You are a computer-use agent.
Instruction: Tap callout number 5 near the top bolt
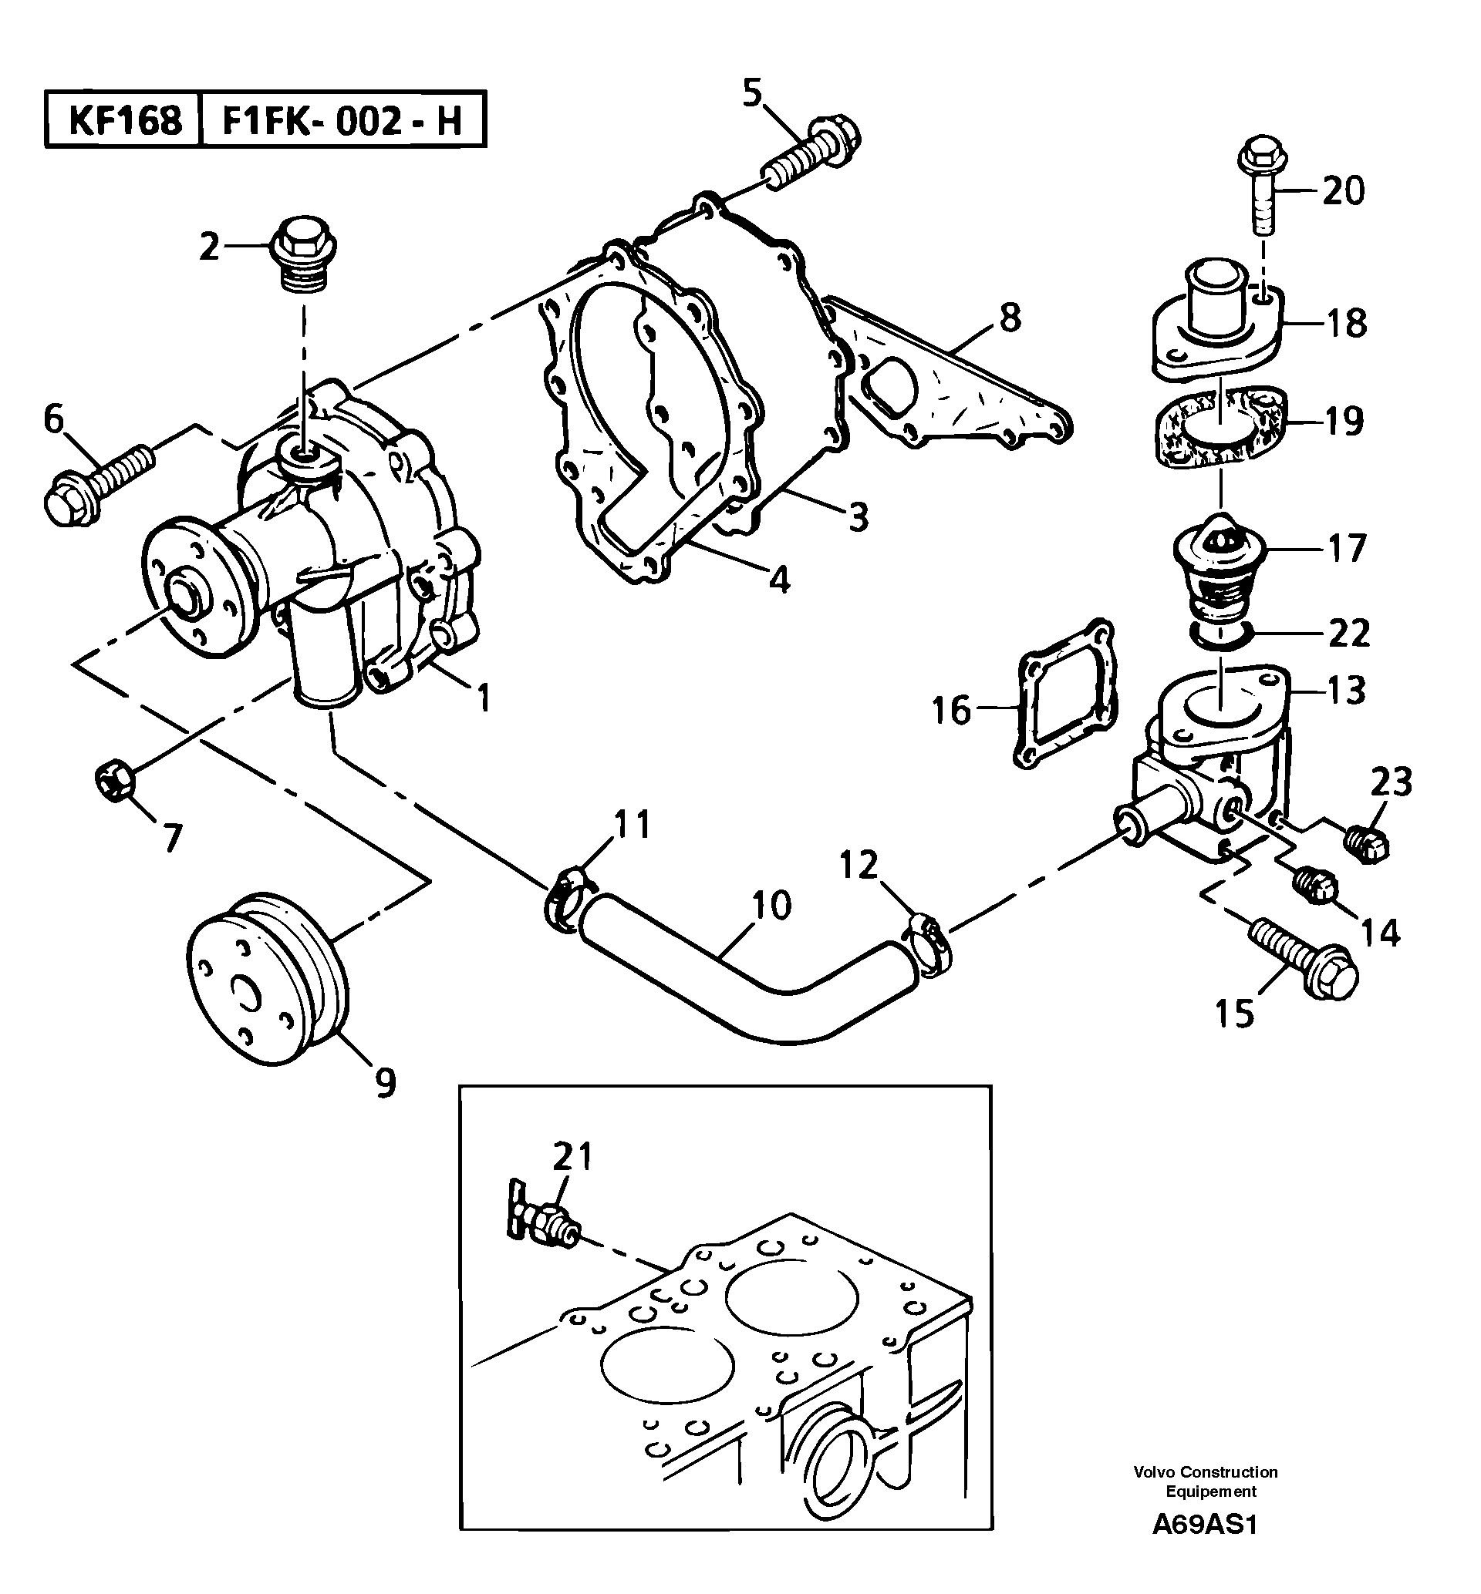tap(752, 93)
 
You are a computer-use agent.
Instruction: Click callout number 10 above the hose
tap(772, 904)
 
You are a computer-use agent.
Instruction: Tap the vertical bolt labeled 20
tap(1262, 190)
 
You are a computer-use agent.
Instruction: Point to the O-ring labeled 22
tap(1217, 635)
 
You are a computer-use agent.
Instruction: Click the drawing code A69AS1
tap(1205, 1525)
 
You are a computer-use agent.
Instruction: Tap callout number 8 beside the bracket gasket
tap(1010, 318)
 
